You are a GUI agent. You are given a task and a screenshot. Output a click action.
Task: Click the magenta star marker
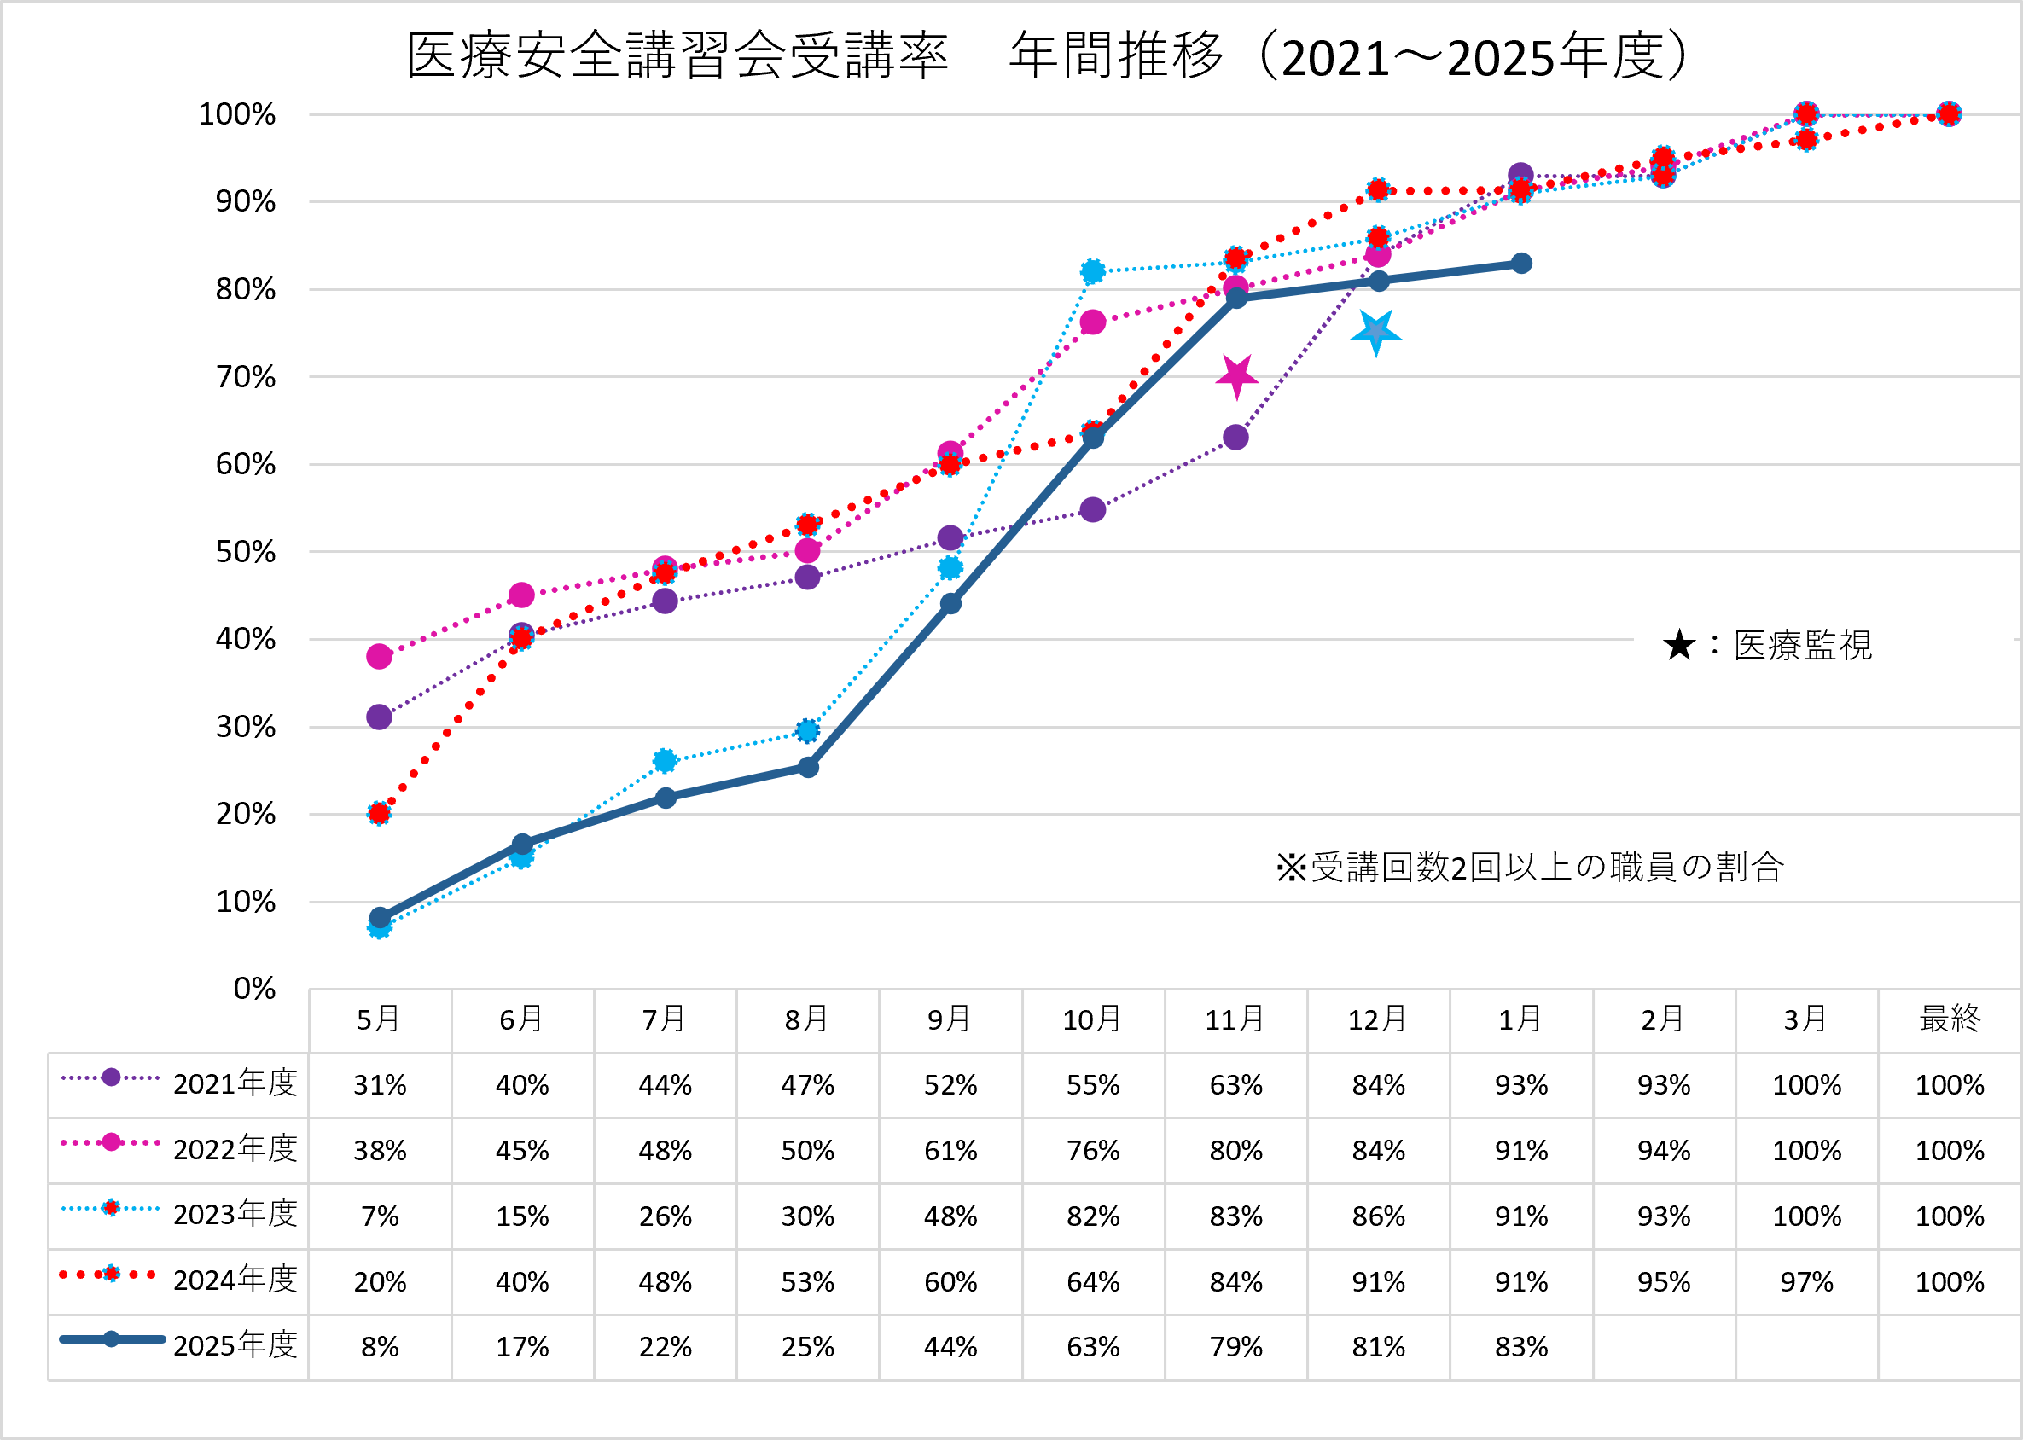tap(1236, 376)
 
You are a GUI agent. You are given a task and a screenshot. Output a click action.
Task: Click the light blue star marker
tap(1375, 333)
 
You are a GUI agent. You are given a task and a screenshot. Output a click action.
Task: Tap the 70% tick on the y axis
tap(246, 377)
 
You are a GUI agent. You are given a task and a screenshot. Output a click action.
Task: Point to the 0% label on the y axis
tap(254, 989)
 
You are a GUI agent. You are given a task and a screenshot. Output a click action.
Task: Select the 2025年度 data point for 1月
tap(1521, 264)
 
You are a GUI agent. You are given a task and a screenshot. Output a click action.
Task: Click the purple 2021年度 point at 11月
tap(1235, 437)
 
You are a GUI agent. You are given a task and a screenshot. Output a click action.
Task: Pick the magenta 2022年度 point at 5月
tap(380, 656)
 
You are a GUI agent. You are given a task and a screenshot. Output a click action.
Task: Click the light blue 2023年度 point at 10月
tap(1093, 271)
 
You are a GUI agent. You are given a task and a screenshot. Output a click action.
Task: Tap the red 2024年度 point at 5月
tap(380, 813)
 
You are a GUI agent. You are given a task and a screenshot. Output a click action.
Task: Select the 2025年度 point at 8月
tap(808, 767)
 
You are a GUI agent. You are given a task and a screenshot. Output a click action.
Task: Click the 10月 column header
tap(1092, 1019)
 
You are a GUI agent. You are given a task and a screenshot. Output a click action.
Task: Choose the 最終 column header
tap(1949, 1019)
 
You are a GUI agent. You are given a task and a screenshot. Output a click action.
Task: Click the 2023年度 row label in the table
tap(235, 1214)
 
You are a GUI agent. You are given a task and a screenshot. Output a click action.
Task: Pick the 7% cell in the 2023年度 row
tap(380, 1216)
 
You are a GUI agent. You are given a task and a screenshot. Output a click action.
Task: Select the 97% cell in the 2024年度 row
tap(1805, 1281)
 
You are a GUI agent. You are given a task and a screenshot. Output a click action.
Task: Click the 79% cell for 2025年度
tap(1235, 1347)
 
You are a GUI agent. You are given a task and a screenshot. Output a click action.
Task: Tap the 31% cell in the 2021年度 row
tap(380, 1085)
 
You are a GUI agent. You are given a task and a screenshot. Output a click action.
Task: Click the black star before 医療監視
tap(1679, 646)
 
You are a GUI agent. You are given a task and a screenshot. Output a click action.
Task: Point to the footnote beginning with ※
tap(1529, 868)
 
